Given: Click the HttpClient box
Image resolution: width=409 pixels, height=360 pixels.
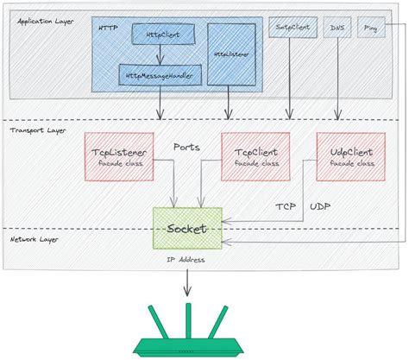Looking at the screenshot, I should pos(162,34).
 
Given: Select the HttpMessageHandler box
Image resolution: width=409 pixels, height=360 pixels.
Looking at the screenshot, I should pos(160,75).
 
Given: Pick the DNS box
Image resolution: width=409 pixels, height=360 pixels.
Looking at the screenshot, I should pos(336,28).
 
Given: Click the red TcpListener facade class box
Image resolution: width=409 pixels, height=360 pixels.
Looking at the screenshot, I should pos(119,156).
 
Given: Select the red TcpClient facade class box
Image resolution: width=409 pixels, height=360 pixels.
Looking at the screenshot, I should pos(257,156).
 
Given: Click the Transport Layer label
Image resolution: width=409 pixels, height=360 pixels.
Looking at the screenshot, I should pos(37,129).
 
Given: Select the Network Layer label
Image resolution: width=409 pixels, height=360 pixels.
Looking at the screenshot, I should pos(35,238).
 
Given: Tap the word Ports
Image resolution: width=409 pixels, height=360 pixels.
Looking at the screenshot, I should pos(187,147).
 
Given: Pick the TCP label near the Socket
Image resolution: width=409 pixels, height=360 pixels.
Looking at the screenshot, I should pos(286,207).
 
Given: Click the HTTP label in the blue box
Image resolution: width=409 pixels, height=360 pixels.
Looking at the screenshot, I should pos(110,27).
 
